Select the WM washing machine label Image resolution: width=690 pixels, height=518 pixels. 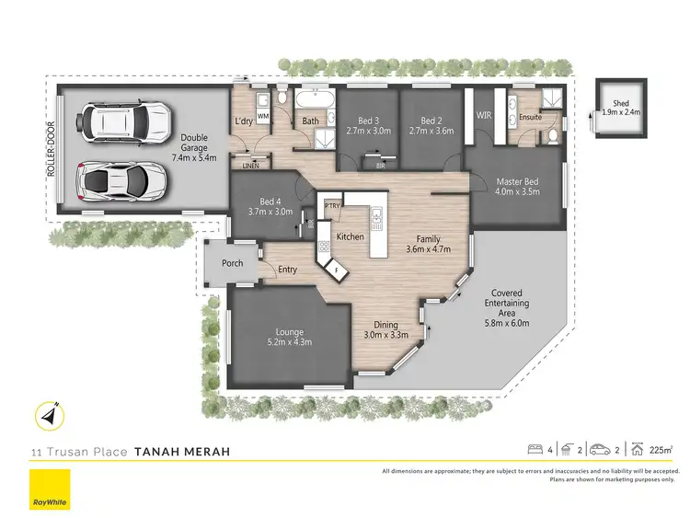(262, 117)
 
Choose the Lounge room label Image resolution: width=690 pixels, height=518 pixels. (290, 332)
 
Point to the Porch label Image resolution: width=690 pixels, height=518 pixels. (233, 263)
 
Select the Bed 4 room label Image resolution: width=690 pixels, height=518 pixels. (270, 201)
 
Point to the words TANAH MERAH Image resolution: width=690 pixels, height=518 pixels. (181, 452)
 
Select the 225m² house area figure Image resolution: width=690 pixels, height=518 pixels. (661, 450)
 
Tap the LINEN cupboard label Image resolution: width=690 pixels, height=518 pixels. (251, 166)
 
